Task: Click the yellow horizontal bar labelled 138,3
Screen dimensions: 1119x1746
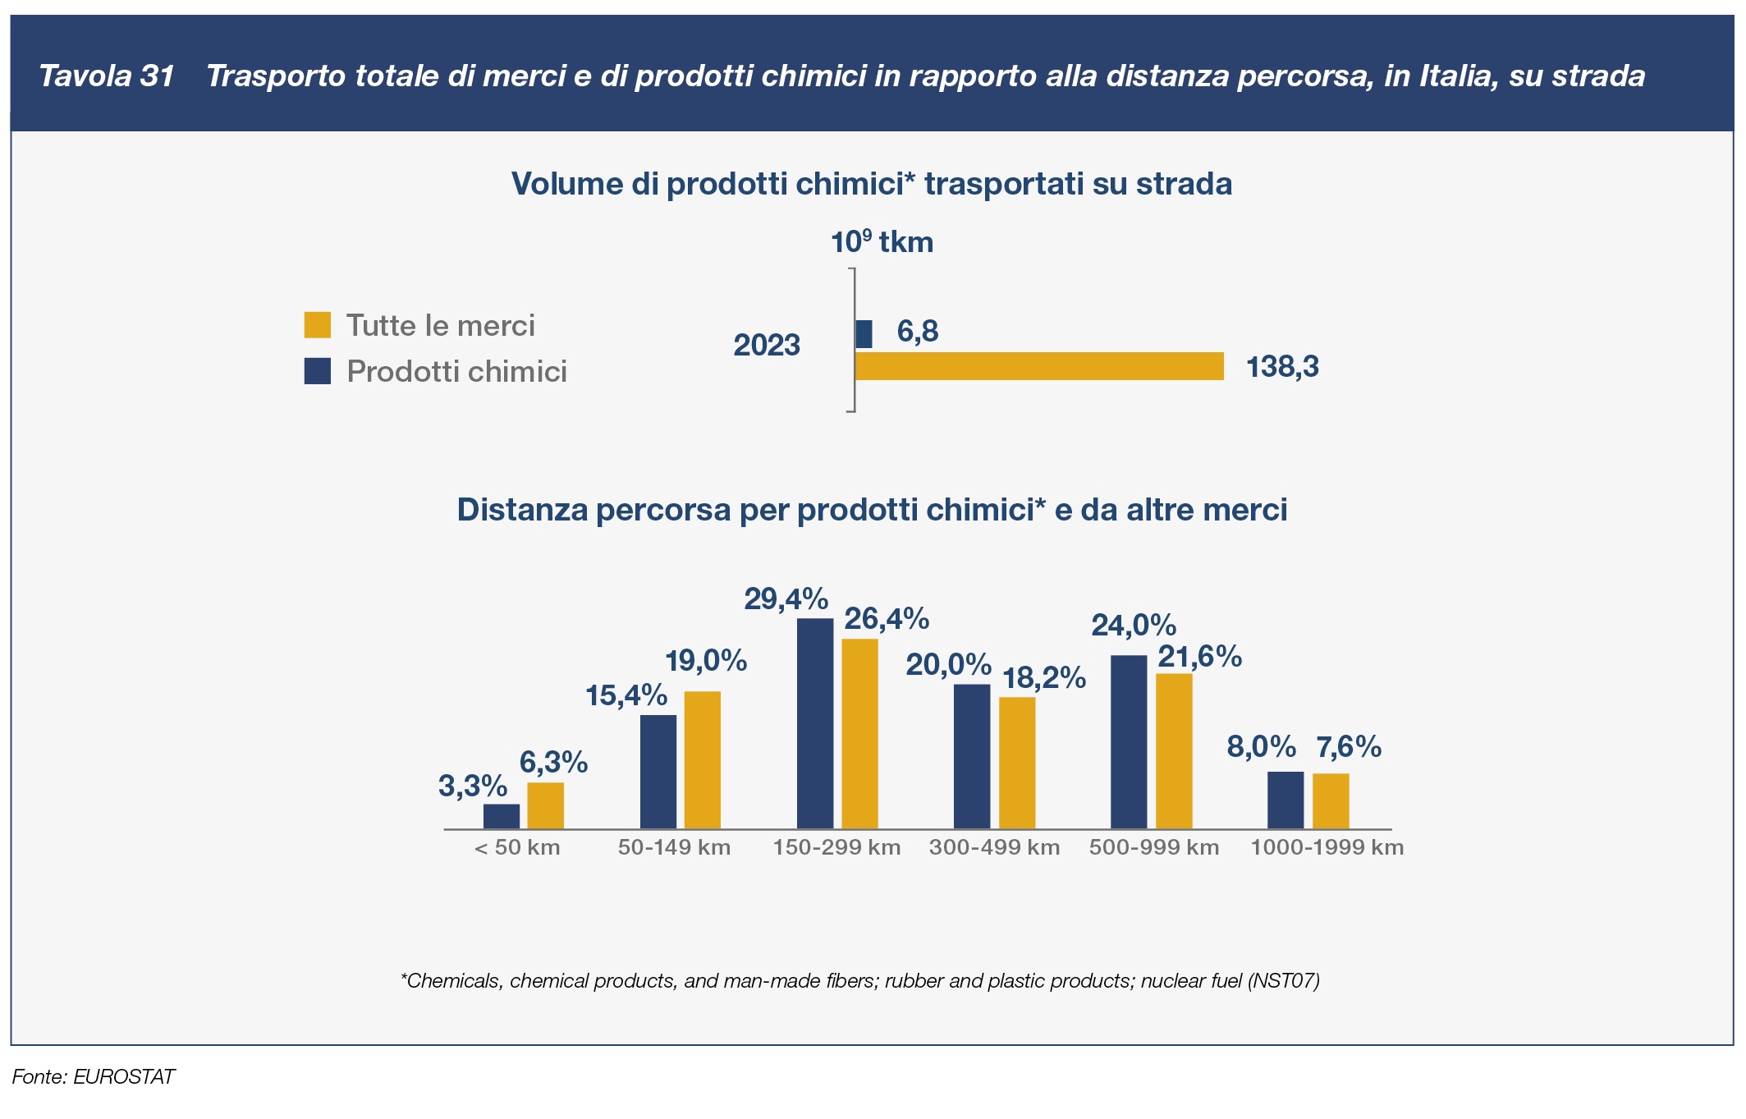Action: coord(1038,366)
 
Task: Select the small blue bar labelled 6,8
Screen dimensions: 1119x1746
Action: coord(864,334)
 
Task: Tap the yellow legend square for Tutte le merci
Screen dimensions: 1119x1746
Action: coord(318,325)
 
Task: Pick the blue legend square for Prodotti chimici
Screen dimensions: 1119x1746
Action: coord(318,371)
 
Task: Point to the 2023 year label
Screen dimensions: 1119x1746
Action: coord(767,346)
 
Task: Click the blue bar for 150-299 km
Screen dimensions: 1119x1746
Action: coord(814,723)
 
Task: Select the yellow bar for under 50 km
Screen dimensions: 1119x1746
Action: coord(545,805)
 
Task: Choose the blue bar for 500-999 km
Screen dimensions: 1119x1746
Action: coord(1129,742)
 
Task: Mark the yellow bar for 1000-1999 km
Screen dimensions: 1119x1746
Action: coord(1331,800)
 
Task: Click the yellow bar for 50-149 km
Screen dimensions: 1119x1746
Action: coord(703,760)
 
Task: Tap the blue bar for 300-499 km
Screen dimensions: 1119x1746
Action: coord(972,756)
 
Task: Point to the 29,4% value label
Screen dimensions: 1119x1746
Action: coord(786,599)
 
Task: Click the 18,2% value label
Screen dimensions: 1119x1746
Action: coord(1044,678)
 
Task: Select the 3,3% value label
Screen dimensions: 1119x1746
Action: coord(473,787)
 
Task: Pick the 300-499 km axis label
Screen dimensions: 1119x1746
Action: coord(994,848)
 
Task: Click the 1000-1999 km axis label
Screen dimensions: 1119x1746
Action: coord(1327,848)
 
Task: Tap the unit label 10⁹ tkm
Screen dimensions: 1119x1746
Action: coord(882,243)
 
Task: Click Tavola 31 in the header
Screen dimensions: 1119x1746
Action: coord(107,76)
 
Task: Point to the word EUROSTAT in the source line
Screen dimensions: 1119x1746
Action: coord(124,1077)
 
